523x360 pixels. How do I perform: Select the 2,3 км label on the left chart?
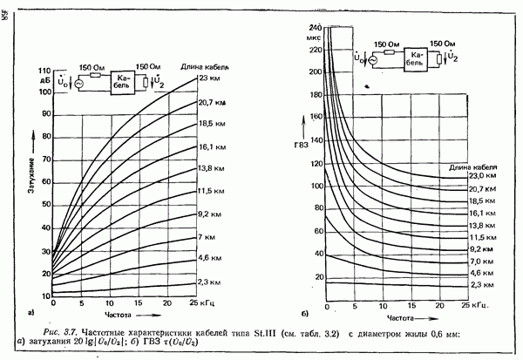tap(210, 281)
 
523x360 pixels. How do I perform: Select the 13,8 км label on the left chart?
tap(210, 166)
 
